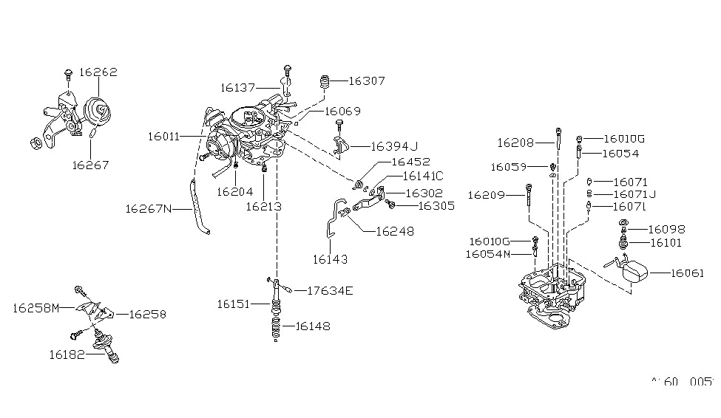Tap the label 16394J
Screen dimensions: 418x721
(394, 145)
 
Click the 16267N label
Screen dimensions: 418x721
(148, 209)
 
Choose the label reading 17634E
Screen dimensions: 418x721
(329, 290)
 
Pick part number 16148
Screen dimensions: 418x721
(313, 326)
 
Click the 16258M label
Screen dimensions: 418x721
(35, 307)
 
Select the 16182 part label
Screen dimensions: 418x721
(66, 355)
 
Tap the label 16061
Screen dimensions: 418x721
(691, 273)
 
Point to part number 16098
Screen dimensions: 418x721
(666, 229)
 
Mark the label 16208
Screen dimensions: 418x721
(515, 142)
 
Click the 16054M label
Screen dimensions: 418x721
(489, 254)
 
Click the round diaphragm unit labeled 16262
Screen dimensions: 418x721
(95, 111)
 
